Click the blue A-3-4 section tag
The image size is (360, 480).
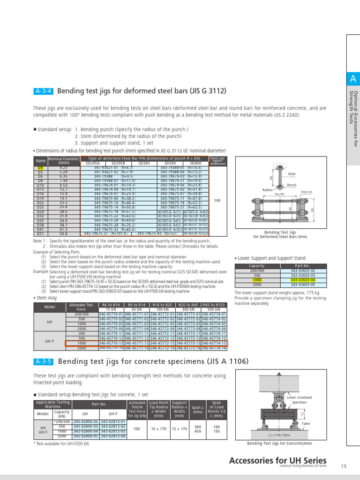[x=43, y=91]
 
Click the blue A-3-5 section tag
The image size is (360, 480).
[x=43, y=362]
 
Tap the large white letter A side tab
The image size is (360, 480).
[x=352, y=79]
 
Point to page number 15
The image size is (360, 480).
[x=344, y=466]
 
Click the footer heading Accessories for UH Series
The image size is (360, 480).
[x=277, y=460]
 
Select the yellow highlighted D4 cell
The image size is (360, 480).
[x=40, y=167]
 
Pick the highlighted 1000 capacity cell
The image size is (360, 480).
[x=257, y=280]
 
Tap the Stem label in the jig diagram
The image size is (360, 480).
[x=292, y=174]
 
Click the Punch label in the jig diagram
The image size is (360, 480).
[x=292, y=185]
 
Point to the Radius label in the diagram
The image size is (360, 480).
[x=267, y=190]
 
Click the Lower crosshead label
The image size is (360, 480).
[x=299, y=397]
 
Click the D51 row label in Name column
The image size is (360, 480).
[x=40, y=233]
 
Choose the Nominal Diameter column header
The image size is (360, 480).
[x=63, y=160]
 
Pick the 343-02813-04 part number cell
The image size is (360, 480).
[x=113, y=436]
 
